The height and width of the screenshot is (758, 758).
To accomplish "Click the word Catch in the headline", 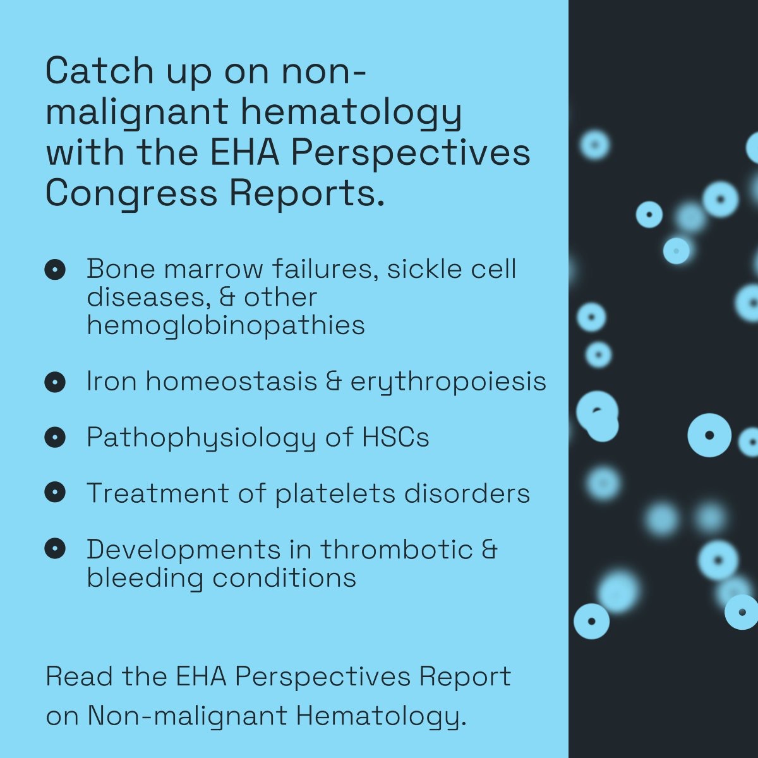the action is [100, 71].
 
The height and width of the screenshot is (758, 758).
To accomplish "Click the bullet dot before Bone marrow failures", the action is [55, 270].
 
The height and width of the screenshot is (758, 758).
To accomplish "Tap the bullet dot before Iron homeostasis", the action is [55, 382].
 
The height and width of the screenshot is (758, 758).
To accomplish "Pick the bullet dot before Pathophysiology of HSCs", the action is [55, 437].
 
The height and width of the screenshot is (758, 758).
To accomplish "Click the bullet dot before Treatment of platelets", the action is [55, 492].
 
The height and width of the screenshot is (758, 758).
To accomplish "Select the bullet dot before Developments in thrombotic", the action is [55, 548].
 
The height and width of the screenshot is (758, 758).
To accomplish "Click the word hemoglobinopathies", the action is [226, 327].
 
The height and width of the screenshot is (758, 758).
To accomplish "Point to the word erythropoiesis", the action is [448, 383].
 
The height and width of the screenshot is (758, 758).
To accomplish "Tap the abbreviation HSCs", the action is [395, 437].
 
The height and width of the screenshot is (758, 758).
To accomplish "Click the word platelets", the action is [335, 493].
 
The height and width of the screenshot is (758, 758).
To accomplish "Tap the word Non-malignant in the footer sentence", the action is [187, 717].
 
